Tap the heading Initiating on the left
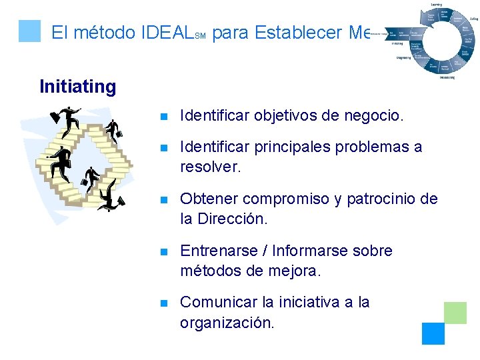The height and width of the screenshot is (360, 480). [x=77, y=87]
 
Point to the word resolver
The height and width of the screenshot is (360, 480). [x=210, y=167]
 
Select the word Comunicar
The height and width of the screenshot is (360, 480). [x=219, y=302]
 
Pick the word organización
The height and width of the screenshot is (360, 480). [x=227, y=323]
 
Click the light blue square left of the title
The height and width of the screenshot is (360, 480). [x=29, y=31]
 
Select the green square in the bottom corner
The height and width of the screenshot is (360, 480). [x=455, y=312]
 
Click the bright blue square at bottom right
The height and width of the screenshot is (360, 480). [x=433, y=333]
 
